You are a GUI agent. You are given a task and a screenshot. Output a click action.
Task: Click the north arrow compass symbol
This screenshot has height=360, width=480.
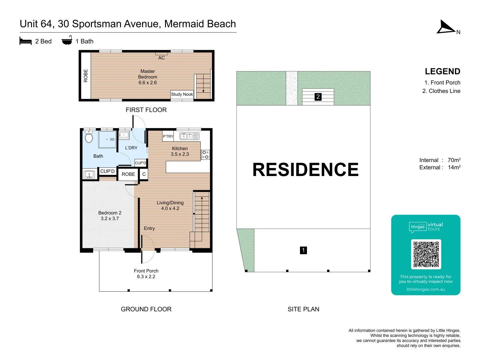(446, 27)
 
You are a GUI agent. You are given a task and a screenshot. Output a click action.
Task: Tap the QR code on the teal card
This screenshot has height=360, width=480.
(426, 254)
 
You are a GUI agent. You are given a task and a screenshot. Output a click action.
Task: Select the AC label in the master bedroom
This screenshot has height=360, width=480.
(162, 58)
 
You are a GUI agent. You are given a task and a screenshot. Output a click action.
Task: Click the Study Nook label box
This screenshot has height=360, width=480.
(182, 94)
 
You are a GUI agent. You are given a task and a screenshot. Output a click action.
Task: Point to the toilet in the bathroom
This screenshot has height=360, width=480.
(89, 137)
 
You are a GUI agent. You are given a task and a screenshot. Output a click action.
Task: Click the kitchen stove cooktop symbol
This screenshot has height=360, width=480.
(205, 155)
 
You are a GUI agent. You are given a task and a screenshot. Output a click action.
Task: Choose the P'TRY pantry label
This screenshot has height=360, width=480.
(168, 136)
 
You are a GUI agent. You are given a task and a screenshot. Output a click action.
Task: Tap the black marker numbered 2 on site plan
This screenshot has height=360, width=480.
(318, 97)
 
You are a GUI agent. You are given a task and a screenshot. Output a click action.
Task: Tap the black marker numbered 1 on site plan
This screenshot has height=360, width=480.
(303, 250)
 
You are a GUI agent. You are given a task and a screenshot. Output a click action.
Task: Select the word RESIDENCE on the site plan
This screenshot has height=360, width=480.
(305, 170)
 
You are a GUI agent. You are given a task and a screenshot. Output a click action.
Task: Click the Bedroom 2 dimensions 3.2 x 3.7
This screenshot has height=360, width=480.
(110, 219)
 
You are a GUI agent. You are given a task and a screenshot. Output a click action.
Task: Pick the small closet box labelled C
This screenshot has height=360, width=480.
(144, 174)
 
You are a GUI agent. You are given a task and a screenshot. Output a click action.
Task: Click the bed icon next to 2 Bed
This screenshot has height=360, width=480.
(26, 41)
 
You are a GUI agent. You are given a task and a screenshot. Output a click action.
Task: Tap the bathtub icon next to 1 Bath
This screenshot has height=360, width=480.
(67, 41)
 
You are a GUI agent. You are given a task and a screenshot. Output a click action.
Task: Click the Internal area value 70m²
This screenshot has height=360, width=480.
(454, 160)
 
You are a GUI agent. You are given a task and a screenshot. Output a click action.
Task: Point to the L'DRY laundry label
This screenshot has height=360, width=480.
(131, 148)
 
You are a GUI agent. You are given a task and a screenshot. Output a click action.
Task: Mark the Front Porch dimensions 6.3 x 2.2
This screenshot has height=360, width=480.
(146, 277)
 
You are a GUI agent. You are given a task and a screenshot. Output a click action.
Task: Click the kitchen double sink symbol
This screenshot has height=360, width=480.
(189, 136)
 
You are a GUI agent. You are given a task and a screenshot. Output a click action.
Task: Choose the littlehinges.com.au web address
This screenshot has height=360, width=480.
(426, 289)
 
